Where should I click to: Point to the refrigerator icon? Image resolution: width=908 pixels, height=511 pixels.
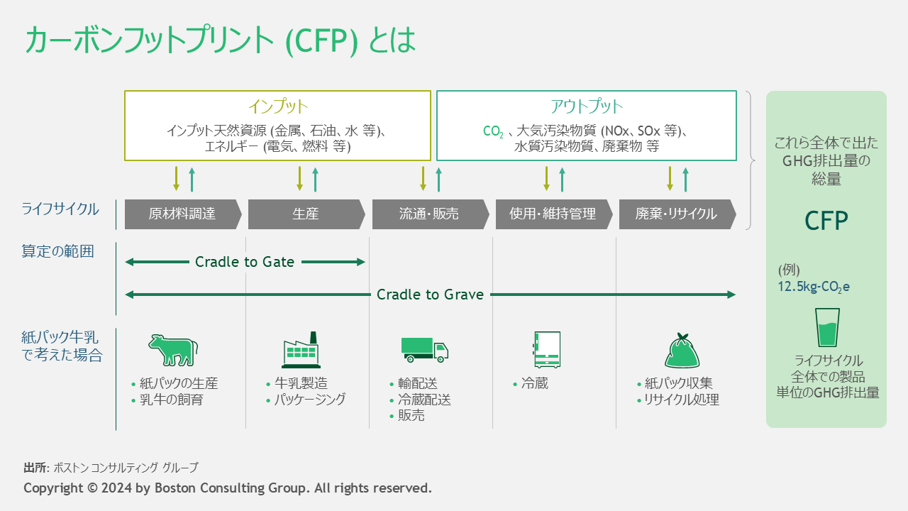click(x=546, y=349)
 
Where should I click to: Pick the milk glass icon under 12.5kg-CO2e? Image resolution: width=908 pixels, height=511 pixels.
click(x=827, y=327)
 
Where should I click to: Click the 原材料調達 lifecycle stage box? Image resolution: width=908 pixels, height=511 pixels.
click(x=182, y=214)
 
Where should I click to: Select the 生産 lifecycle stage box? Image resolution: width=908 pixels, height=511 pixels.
click(x=306, y=214)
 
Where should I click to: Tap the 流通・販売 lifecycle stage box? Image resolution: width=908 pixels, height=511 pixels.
click(x=429, y=214)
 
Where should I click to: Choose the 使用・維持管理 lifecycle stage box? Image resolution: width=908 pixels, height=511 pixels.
click(x=553, y=214)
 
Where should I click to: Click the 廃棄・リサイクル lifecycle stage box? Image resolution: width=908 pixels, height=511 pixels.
click(x=676, y=214)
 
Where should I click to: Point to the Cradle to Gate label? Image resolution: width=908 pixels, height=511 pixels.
click(x=245, y=262)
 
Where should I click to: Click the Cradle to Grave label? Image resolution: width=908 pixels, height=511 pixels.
click(x=430, y=295)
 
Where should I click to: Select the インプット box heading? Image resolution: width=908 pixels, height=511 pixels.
click(x=278, y=107)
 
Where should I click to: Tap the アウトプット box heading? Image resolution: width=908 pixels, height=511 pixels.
click(x=586, y=107)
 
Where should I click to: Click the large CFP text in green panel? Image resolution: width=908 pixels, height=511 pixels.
click(x=826, y=221)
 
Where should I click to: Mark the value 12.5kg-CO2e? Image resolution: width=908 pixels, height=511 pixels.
click(x=814, y=287)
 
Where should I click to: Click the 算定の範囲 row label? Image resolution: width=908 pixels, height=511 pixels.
click(x=58, y=251)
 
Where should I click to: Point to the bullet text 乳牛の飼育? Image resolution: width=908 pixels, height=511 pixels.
click(x=171, y=400)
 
